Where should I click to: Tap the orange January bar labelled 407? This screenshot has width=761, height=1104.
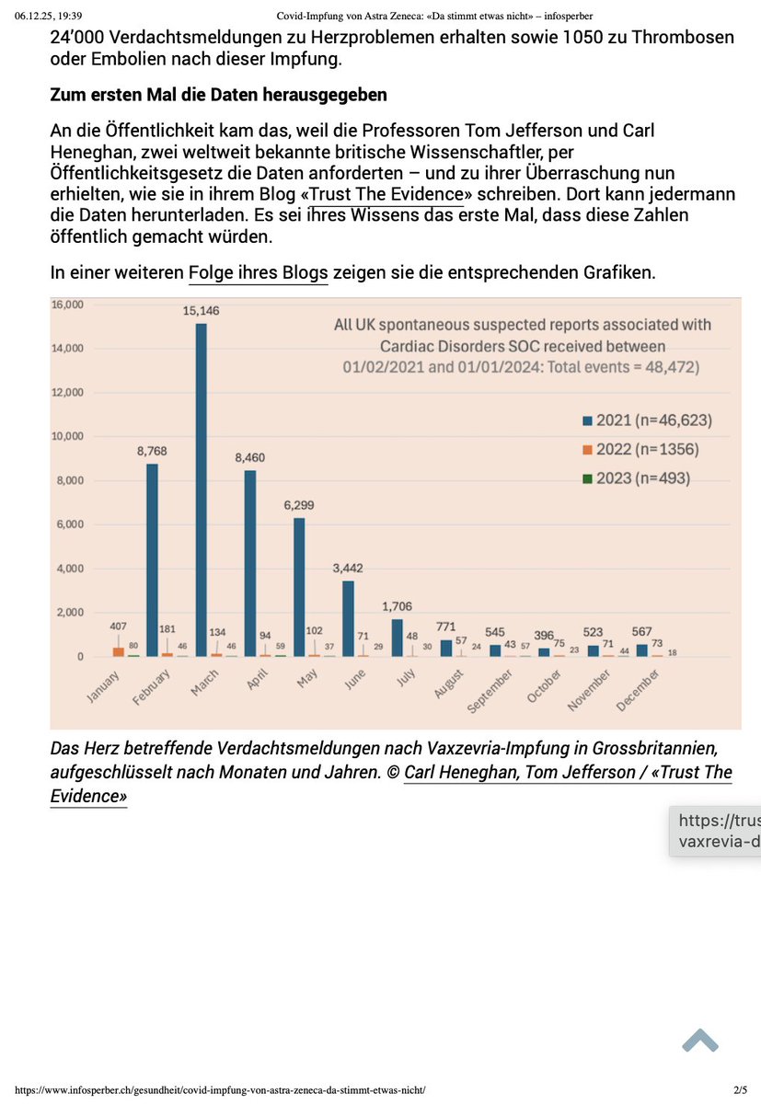pyautogui.click(x=119, y=651)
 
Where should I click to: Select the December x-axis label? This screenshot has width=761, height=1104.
pyautogui.click(x=650, y=691)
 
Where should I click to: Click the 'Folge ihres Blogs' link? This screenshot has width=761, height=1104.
pyautogui.click(x=258, y=272)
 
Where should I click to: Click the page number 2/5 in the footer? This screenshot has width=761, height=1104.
pyautogui.click(x=741, y=1090)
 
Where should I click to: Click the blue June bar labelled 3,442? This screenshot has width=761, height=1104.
pyautogui.click(x=348, y=618)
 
